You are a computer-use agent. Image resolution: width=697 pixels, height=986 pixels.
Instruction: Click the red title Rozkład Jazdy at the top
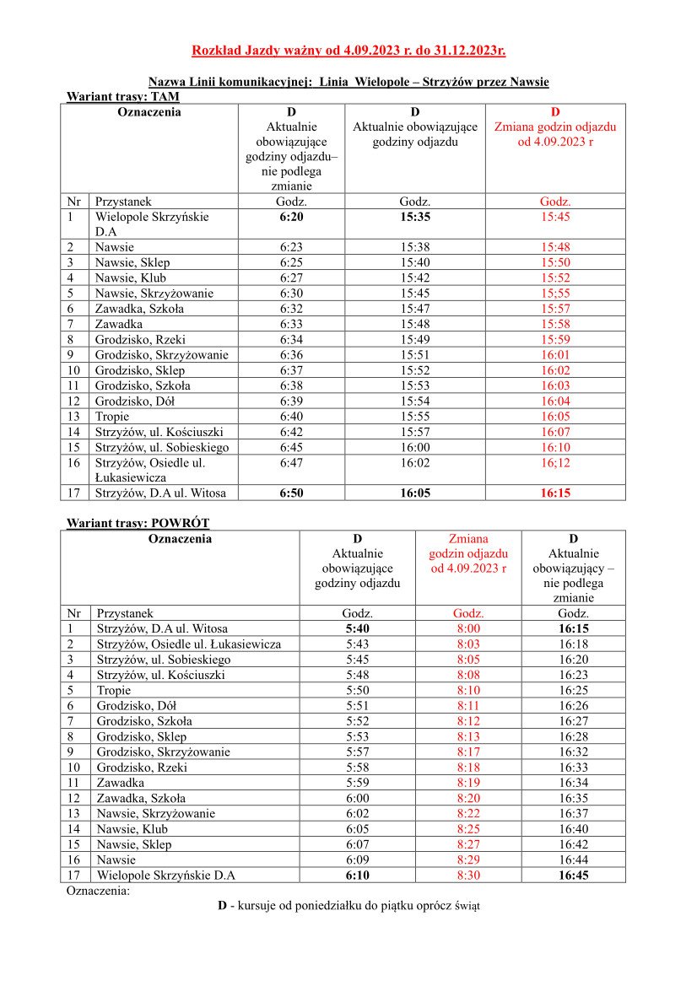pyautogui.click(x=348, y=51)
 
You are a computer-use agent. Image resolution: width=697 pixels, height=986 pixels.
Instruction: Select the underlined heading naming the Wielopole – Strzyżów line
pyautogui.click(x=348, y=82)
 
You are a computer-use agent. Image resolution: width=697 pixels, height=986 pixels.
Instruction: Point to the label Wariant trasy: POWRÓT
pyautogui.click(x=138, y=523)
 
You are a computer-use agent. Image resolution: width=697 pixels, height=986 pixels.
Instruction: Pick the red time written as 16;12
pyautogui.click(x=555, y=462)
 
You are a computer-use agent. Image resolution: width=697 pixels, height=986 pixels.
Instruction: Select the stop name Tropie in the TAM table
pyautogui.click(x=111, y=417)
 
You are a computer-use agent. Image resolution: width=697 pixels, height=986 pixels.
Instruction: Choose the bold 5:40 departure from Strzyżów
pyautogui.click(x=358, y=628)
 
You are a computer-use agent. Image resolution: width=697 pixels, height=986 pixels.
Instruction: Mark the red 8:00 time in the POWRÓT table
pyautogui.click(x=468, y=628)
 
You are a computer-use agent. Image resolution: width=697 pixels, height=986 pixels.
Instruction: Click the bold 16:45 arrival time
pyautogui.click(x=574, y=875)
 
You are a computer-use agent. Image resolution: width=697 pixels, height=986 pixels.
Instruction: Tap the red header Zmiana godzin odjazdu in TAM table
pyautogui.click(x=555, y=127)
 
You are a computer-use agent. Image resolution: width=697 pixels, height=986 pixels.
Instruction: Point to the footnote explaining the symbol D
pyautogui.click(x=348, y=906)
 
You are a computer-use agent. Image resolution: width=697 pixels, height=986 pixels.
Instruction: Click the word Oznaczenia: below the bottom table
pyautogui.click(x=98, y=890)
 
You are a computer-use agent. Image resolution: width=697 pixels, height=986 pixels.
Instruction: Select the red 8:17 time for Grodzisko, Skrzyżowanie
pyautogui.click(x=468, y=752)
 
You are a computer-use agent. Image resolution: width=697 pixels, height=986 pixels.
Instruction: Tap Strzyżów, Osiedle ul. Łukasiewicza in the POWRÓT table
pyautogui.click(x=189, y=644)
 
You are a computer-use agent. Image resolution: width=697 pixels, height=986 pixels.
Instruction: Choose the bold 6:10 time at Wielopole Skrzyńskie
pyautogui.click(x=358, y=875)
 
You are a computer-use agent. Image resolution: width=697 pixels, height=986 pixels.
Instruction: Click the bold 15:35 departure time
pyautogui.click(x=415, y=217)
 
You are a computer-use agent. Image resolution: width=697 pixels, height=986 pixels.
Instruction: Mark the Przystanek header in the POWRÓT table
pyautogui.click(x=125, y=613)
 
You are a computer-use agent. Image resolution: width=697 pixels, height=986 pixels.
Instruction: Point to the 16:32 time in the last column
pyautogui.click(x=574, y=752)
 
